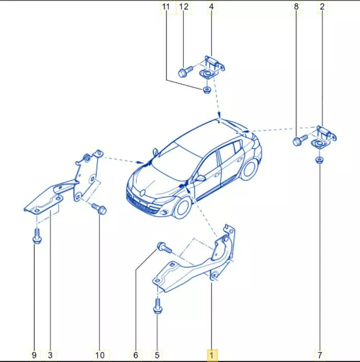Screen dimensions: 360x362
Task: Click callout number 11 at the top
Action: coord(166,7)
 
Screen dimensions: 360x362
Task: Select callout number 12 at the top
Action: coord(184,7)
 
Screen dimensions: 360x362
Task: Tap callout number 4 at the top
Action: coord(211,7)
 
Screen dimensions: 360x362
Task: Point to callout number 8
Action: coord(296,7)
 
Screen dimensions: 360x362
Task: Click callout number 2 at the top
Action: coord(322,7)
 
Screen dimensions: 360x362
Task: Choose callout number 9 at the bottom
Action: coord(34,355)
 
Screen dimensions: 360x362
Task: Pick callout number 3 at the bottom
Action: coord(50,355)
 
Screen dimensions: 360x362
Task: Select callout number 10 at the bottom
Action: coord(100,355)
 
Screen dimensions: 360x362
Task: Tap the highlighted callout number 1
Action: coord(211,355)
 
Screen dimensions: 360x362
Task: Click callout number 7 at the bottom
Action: coord(320,355)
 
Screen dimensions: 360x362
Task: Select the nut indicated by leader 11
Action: coord(206,90)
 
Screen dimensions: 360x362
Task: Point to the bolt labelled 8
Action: coord(300,140)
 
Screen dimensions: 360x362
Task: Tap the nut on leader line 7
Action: coord(319,160)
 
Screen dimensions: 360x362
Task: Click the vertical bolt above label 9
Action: coord(37,236)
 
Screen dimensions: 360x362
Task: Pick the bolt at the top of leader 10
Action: coord(99,209)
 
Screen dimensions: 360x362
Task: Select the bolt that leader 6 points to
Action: coord(164,247)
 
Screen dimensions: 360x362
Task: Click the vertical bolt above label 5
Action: coord(158,306)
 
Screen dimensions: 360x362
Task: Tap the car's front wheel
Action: coord(182,208)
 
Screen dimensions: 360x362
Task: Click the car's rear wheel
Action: coord(249,169)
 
